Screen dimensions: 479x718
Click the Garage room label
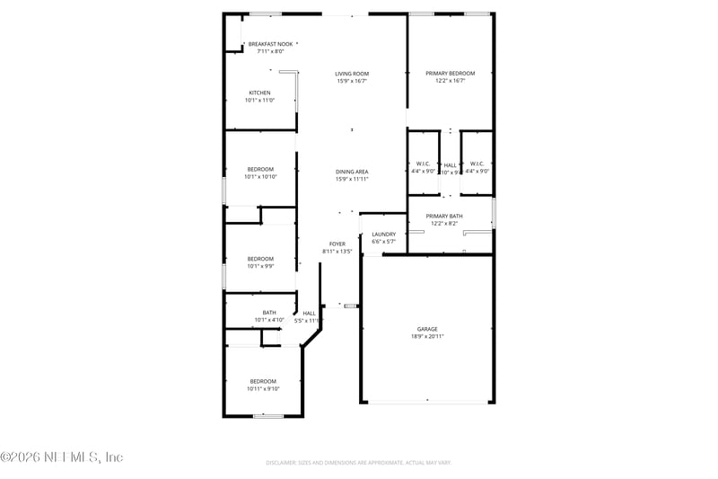tap(426, 329)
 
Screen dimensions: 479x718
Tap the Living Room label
tap(352, 74)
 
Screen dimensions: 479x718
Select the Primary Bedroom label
tap(450, 74)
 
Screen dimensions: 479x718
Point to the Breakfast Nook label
tap(270, 44)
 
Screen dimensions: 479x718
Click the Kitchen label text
tap(259, 93)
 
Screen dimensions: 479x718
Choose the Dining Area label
tap(352, 172)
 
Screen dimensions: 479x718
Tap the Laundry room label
tap(383, 235)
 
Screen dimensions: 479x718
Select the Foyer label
tap(337, 244)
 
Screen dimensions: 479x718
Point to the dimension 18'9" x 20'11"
tap(426, 336)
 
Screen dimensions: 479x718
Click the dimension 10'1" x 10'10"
tap(260, 177)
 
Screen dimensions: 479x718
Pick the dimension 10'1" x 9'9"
tap(260, 266)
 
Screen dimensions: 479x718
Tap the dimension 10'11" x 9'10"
tap(263, 389)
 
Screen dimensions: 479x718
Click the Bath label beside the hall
tap(269, 313)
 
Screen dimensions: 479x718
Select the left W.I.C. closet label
tap(424, 164)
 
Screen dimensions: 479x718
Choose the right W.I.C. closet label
tap(477, 164)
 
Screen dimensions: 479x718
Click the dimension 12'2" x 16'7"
tap(450, 81)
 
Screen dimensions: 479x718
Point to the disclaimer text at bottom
tap(357, 463)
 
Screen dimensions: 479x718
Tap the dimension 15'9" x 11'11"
tap(352, 179)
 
